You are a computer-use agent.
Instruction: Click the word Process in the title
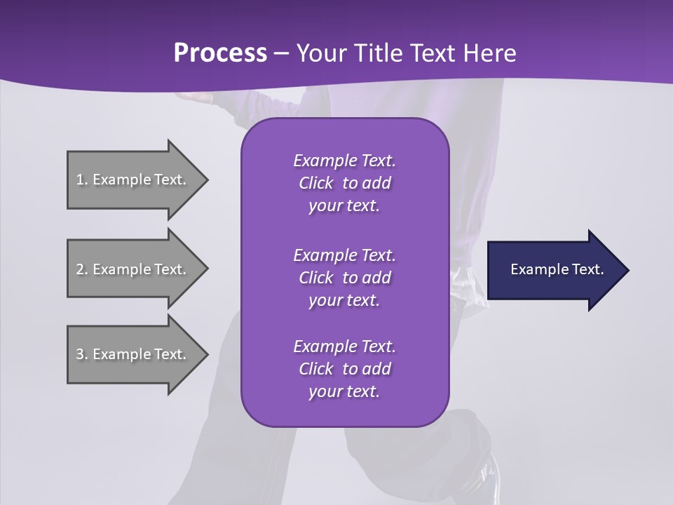pyautogui.click(x=220, y=53)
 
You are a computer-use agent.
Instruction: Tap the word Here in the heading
pyautogui.click(x=489, y=53)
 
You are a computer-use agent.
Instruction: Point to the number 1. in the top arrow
pyautogui.click(x=82, y=180)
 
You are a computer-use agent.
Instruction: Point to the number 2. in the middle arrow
pyautogui.click(x=82, y=269)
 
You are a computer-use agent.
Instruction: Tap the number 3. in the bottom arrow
pyautogui.click(x=82, y=354)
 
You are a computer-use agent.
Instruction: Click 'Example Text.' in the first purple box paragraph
pyautogui.click(x=344, y=161)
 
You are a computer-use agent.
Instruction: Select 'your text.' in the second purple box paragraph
pyautogui.click(x=344, y=300)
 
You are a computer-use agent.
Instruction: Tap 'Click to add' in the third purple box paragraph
pyautogui.click(x=344, y=369)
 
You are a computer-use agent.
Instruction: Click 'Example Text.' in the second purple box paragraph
pyautogui.click(x=344, y=255)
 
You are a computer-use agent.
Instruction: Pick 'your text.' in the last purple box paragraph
pyautogui.click(x=344, y=391)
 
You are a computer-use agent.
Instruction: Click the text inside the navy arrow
pyautogui.click(x=557, y=269)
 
